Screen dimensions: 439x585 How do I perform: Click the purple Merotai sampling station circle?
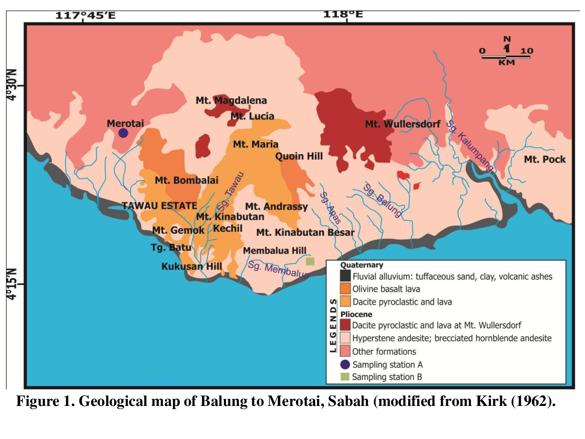123,133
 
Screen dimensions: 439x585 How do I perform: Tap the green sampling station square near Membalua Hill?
310,261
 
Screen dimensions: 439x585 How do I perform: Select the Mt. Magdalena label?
231,101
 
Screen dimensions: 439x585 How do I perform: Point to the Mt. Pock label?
544,159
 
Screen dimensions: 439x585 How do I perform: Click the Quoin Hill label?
299,156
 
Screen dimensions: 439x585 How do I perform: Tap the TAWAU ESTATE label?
153,205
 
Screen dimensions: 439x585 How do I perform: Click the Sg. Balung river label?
383,200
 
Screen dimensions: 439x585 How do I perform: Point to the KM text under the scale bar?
506,64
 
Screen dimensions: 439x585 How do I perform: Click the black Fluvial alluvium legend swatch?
345,276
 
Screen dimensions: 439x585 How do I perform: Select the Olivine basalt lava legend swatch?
345,289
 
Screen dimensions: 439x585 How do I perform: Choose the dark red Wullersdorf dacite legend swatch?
345,326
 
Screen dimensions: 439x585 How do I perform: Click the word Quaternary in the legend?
362,265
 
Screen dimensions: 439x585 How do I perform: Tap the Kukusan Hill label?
191,267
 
